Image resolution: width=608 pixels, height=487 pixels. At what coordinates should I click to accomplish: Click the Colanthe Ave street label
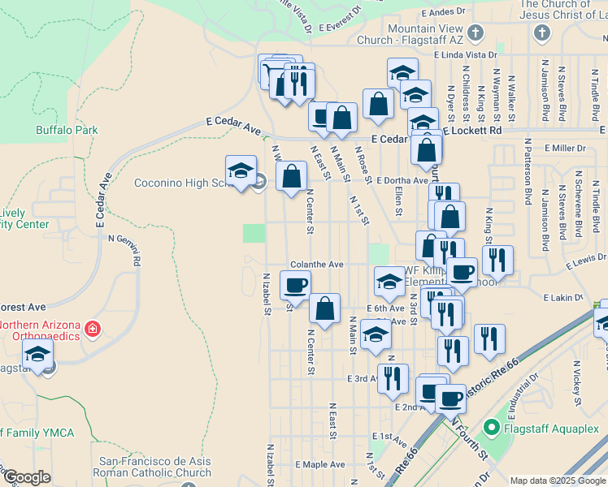point(318,265)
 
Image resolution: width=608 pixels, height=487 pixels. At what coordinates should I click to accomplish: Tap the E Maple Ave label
point(320,464)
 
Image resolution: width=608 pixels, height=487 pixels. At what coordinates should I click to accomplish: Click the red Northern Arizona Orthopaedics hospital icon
point(93,329)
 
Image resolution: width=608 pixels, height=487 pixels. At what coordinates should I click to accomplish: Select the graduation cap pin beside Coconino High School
point(241,170)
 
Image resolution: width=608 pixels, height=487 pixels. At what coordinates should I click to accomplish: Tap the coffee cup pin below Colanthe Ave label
point(295,285)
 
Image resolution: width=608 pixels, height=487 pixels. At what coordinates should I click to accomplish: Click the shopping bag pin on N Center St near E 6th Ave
point(324,308)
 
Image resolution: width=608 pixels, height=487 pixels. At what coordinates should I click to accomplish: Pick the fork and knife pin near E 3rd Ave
point(393,378)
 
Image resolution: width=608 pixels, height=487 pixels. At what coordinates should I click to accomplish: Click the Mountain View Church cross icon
point(476,33)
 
